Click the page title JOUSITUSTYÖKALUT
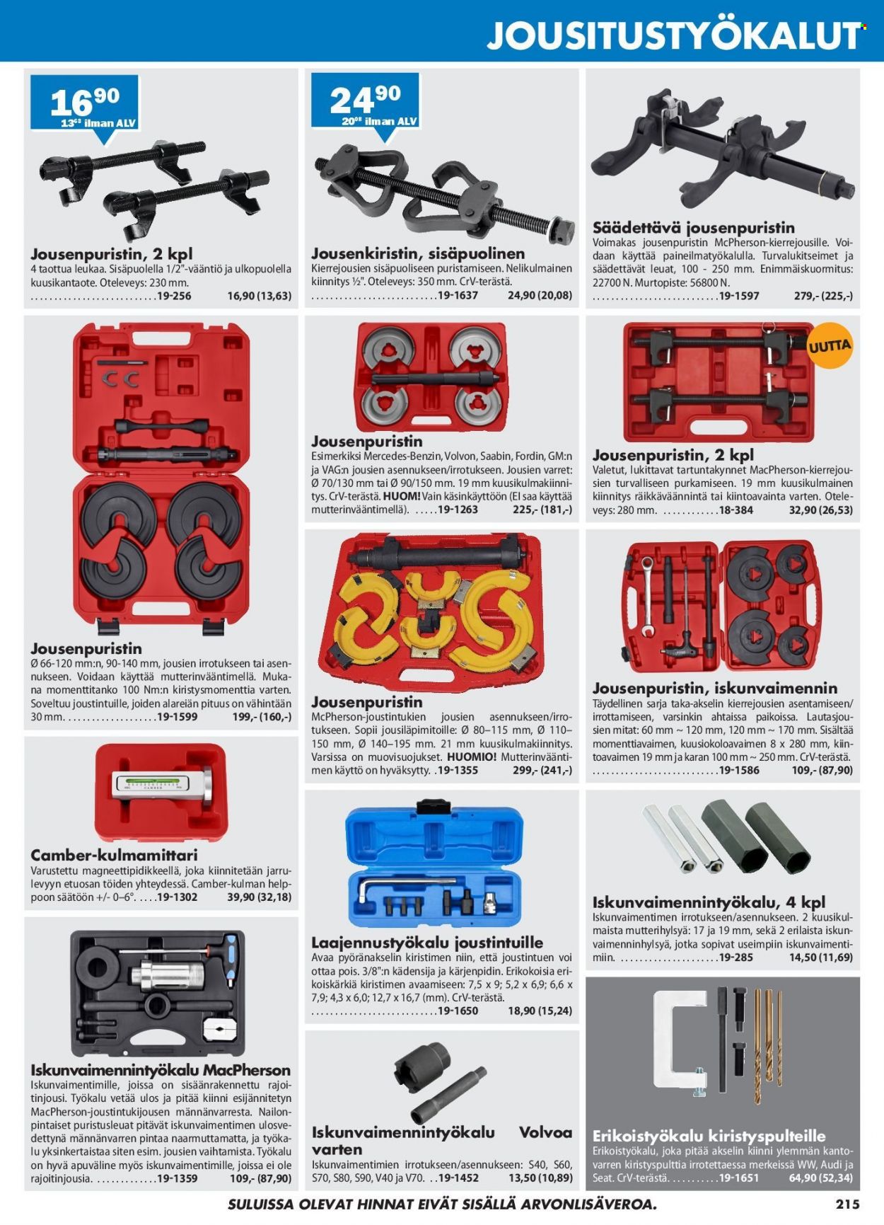tap(675, 35)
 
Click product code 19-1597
tap(738, 296)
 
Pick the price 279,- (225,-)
tap(823, 296)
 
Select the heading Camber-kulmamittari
tap(115, 855)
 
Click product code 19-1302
tap(177, 897)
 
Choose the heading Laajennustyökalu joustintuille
tap(427, 943)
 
